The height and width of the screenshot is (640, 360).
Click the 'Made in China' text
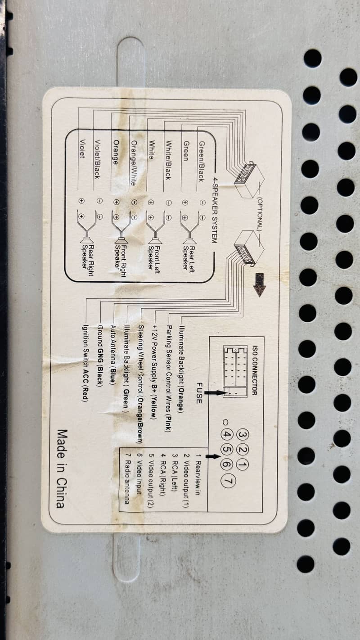pos(62,469)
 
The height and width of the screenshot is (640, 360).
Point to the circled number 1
pos(242,465)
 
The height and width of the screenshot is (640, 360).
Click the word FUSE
pos(199,393)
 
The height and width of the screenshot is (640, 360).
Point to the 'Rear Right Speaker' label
pos(88,260)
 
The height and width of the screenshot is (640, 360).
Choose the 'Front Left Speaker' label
pos(153,259)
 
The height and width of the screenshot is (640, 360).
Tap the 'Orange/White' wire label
pos(134,163)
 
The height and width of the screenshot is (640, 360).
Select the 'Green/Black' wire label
pos(201,162)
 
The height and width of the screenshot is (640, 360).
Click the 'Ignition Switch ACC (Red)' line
pos(85,363)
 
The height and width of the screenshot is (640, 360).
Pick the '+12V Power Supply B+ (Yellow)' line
pos(154,372)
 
